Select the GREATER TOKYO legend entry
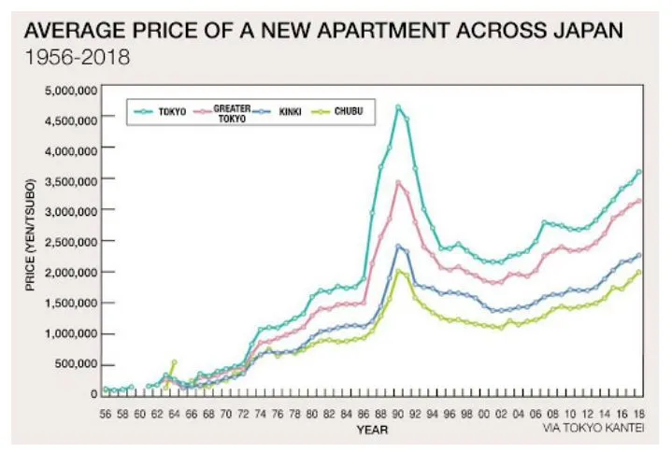pyautogui.click(x=231, y=113)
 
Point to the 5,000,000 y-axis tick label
pyautogui.click(x=68, y=91)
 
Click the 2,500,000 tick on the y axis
pyautogui.click(x=68, y=242)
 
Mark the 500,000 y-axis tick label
pyautogui.click(x=73, y=364)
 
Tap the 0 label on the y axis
pyautogui.click(x=93, y=394)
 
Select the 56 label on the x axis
pyautogui.click(x=107, y=412)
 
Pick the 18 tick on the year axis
pyautogui.click(x=639, y=412)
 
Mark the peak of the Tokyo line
pyautogui.click(x=398, y=107)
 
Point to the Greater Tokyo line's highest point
pyautogui.click(x=398, y=182)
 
